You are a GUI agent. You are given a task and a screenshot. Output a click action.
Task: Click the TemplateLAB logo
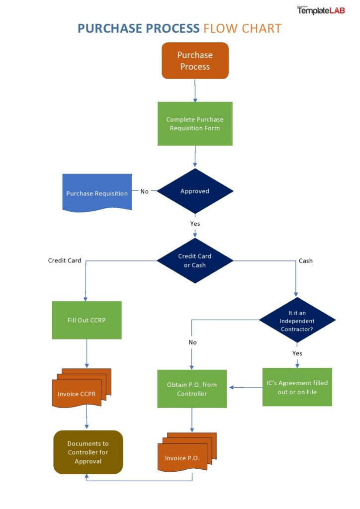pos(321,10)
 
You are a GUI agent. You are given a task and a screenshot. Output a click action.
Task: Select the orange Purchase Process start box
pos(195,61)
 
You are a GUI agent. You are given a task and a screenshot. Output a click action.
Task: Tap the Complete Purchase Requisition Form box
pos(195,124)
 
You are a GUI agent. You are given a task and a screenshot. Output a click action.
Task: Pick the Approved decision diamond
pos(195,191)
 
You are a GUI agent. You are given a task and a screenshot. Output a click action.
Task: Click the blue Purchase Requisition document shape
pos(97,193)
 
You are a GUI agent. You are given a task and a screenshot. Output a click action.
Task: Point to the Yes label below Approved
pos(195,224)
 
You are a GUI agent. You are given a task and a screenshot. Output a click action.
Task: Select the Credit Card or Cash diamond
pos(195,260)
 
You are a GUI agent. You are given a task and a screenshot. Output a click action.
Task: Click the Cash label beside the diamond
pos(305,260)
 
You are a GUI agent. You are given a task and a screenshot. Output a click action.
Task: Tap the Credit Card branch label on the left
pos(65,260)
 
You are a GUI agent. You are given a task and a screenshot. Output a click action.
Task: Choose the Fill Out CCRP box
pos(87,320)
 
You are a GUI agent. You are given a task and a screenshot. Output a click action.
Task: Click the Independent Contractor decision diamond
pos(297,320)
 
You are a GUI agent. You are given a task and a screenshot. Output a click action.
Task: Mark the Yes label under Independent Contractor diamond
pos(297,353)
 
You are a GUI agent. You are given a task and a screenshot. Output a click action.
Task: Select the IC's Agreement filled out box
pos(297,387)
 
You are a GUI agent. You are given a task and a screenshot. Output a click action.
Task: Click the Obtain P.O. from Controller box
pos(192,389)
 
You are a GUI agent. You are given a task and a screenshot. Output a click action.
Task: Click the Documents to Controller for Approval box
pos(88,452)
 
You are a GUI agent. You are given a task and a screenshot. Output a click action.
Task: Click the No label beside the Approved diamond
pos(144,191)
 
